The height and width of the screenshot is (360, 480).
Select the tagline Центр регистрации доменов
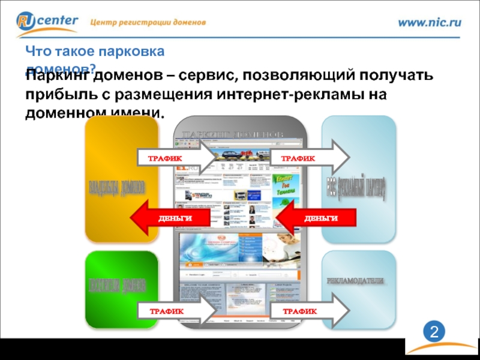tap(148, 22)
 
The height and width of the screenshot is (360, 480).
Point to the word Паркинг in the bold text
tap(57, 77)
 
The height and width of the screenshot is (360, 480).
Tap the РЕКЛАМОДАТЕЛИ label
tap(358, 281)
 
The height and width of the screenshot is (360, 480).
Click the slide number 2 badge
tap(433, 332)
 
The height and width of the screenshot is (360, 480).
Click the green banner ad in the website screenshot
tap(281, 192)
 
